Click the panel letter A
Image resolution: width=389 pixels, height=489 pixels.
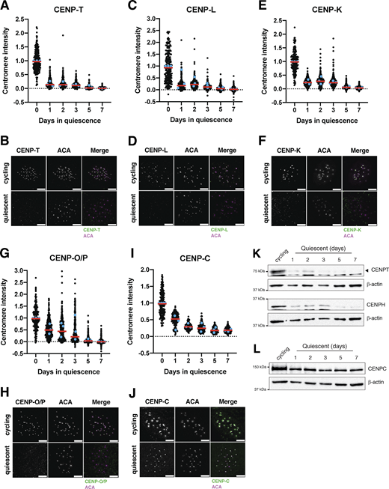[5, 6]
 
